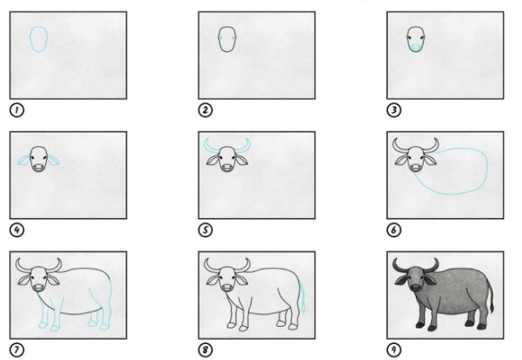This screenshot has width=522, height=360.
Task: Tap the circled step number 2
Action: coord(204,110)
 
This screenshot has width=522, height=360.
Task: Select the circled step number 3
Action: coord(393,110)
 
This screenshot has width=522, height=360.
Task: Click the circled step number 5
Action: coord(204,229)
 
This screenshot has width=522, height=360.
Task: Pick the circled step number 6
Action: coord(393,229)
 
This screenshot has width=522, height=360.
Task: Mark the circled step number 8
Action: coord(204,349)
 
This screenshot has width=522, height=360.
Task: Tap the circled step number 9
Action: coord(393,349)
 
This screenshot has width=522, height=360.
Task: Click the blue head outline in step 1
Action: coord(38,39)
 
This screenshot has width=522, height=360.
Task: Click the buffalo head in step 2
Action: coord(226,39)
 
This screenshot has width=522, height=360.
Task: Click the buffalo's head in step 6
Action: coord(415,159)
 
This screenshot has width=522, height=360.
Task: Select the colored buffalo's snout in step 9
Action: coord(417,290)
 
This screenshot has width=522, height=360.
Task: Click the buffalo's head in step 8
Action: coord(226,279)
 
